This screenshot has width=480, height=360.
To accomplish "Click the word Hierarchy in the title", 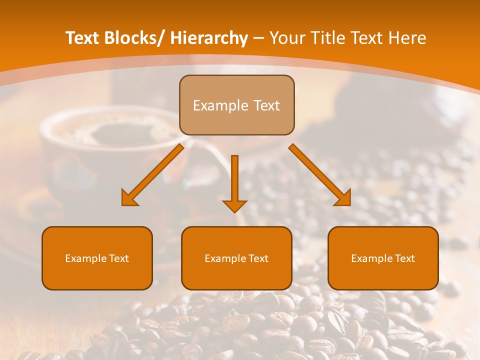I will pyautogui.click(x=209, y=38).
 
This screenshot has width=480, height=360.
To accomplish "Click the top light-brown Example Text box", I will pyautogui.click(x=236, y=105).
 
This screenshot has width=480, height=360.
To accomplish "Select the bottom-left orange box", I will pyautogui.click(x=97, y=258).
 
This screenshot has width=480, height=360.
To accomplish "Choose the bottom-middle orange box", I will pyautogui.click(x=236, y=258).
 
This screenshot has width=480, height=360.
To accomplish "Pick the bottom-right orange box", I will pyautogui.click(x=383, y=258).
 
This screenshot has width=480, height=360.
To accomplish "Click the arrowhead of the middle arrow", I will pyautogui.click(x=234, y=205).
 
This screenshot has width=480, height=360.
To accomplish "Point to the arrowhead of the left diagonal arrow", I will pyautogui.click(x=129, y=198).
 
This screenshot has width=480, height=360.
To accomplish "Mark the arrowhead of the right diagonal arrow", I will pyautogui.click(x=343, y=198).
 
